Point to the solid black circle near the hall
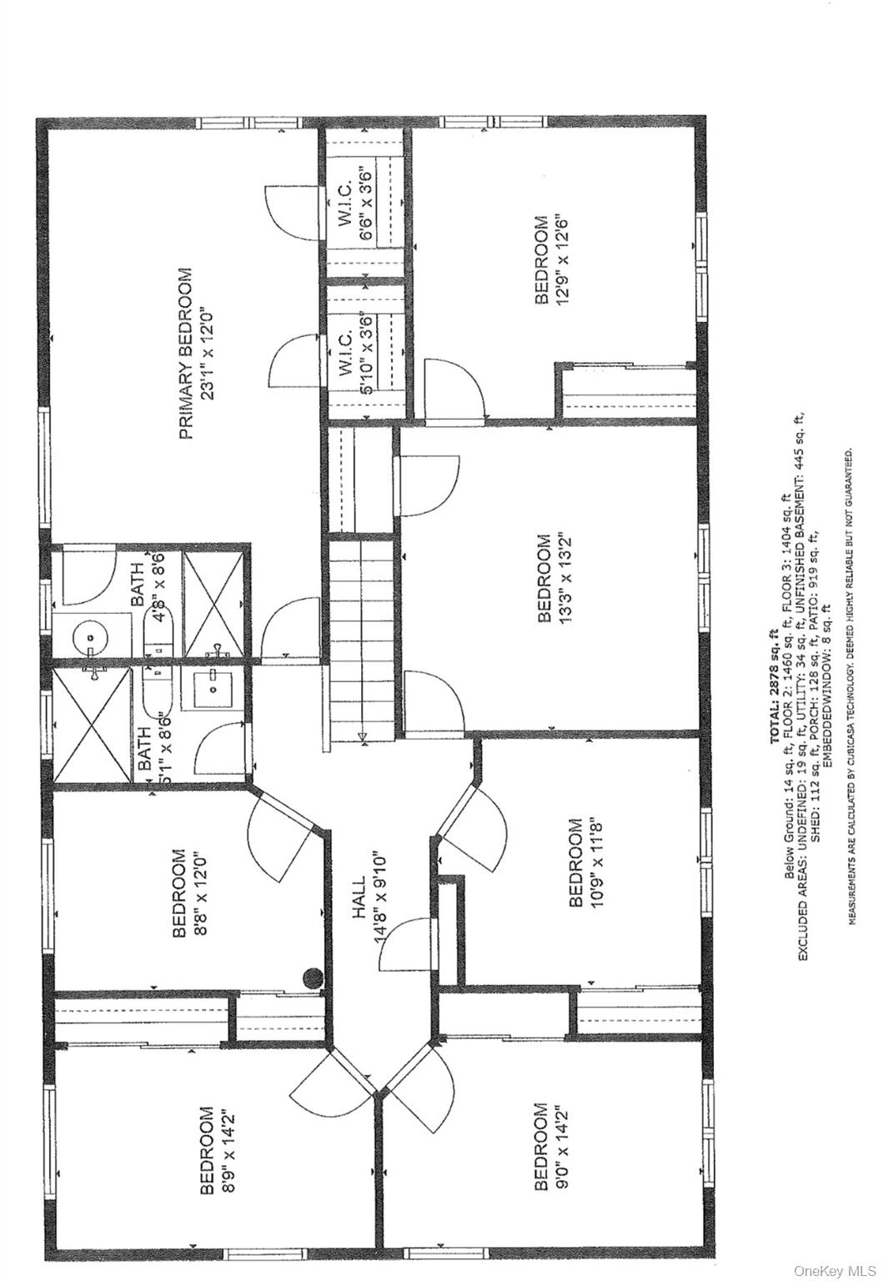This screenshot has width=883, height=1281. point(312,977)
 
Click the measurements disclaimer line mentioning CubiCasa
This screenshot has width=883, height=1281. point(851,686)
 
